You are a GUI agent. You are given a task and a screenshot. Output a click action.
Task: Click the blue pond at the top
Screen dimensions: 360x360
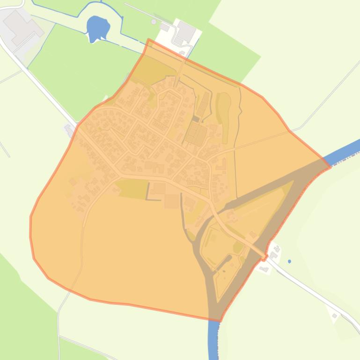point(97,28)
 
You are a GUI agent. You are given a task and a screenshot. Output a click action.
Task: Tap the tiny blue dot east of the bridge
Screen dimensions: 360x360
point(289,261)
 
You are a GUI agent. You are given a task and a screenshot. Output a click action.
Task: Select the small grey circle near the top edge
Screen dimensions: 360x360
point(154,22)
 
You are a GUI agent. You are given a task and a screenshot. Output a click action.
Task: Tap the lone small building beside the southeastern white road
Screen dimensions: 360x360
point(335,316)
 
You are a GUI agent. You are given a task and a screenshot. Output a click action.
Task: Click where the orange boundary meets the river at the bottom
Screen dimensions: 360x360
point(219,320)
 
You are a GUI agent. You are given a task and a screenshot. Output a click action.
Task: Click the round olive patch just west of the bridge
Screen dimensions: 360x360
point(238,247)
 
